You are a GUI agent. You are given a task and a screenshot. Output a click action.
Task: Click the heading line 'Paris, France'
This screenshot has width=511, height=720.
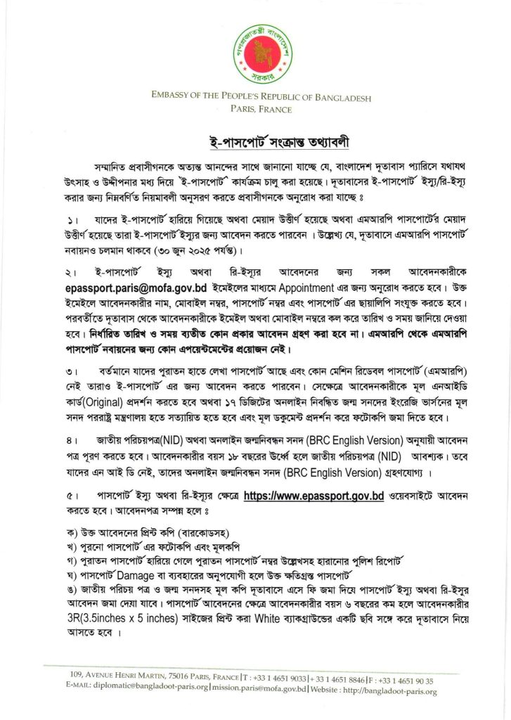tap(255, 109)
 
